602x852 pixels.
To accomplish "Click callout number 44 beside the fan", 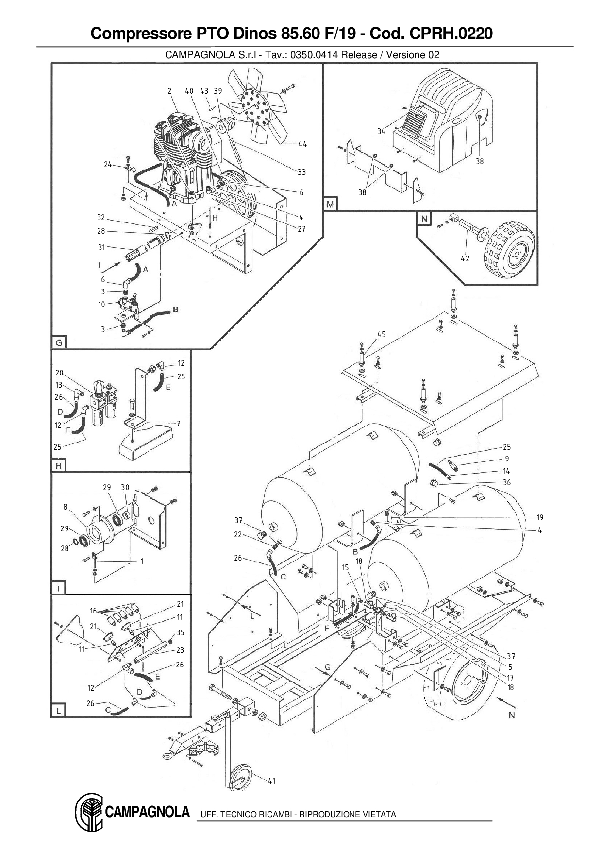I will [x=302, y=144].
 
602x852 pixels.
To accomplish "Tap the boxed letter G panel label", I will [x=59, y=343].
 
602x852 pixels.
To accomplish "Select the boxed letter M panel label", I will [x=330, y=204].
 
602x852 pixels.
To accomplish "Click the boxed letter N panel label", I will [x=424, y=219].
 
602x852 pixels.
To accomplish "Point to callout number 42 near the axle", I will [x=465, y=258].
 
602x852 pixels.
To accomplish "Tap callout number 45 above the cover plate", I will [x=381, y=334].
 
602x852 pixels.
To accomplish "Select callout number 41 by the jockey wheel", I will [x=271, y=781].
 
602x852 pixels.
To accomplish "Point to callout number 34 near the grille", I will [x=382, y=131].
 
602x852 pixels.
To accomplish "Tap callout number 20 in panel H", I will [x=59, y=373].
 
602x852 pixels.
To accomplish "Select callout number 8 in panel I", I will [x=65, y=507].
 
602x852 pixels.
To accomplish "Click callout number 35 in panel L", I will [x=180, y=632].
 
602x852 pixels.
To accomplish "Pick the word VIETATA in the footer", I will [x=379, y=814].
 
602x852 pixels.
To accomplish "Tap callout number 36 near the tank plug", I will [x=507, y=482].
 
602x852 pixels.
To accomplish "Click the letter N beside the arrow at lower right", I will [x=511, y=715].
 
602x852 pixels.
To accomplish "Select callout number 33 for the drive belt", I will [x=301, y=172].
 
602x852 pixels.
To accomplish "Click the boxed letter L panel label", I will [x=58, y=711].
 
